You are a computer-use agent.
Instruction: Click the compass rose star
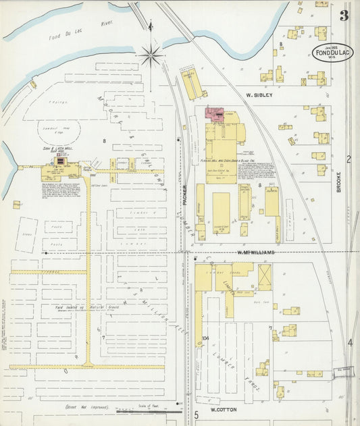pyautogui.click(x=151, y=55)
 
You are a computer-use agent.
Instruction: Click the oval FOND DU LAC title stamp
pyautogui.click(x=332, y=53)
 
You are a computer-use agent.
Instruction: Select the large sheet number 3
pyautogui.click(x=344, y=16)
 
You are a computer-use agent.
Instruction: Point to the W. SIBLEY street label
pyautogui.click(x=259, y=95)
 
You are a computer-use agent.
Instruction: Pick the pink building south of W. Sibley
pyautogui.click(x=217, y=114)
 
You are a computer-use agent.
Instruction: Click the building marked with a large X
pyautogui.click(x=264, y=277)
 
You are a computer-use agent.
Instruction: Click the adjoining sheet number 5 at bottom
pyautogui.click(x=196, y=414)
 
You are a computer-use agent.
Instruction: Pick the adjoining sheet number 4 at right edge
pyautogui.click(x=350, y=342)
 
